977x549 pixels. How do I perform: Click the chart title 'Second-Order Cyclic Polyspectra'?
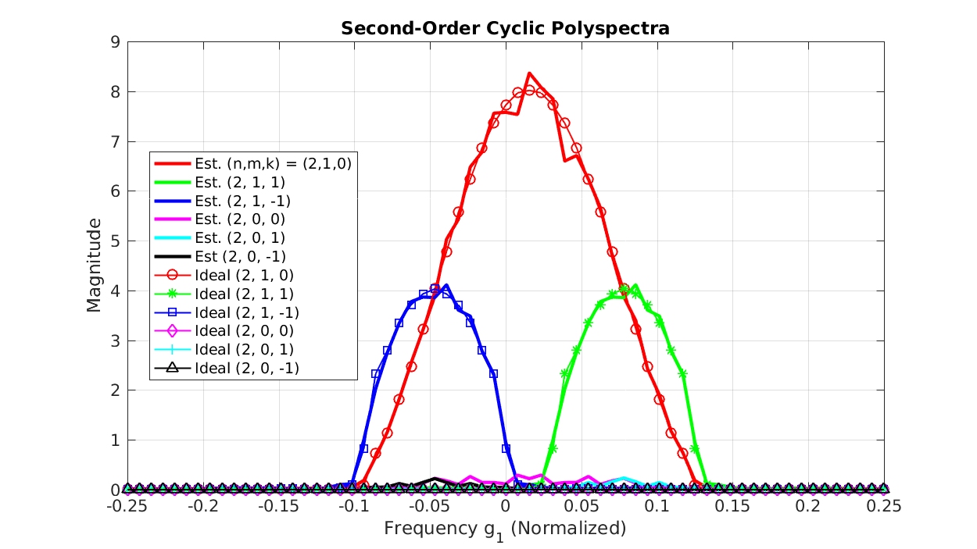click(x=506, y=29)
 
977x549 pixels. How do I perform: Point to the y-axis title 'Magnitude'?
click(x=95, y=266)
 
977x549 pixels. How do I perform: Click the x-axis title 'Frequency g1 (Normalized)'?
click(x=505, y=529)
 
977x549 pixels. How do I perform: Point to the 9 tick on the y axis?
click(x=115, y=42)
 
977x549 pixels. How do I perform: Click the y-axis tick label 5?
click(x=115, y=241)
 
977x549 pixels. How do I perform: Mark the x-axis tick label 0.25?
click(x=884, y=506)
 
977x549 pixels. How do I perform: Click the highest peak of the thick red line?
click(x=529, y=73)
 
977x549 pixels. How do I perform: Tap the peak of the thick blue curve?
click(x=446, y=286)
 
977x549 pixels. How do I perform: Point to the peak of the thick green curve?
click(x=635, y=286)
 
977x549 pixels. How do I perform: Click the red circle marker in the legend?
click(x=173, y=275)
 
